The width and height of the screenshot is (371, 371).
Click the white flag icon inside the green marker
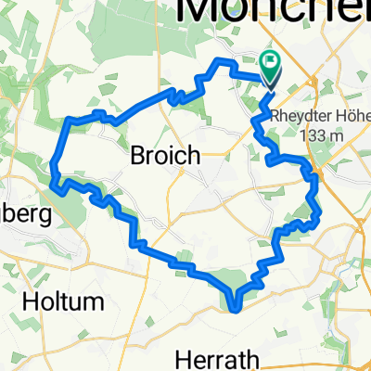[271, 65]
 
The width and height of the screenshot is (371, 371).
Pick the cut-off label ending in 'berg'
[20, 211]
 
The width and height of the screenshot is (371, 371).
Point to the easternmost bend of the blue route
[318, 215]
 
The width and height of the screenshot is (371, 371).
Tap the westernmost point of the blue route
[54, 167]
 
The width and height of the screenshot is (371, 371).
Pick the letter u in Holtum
[82, 301]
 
